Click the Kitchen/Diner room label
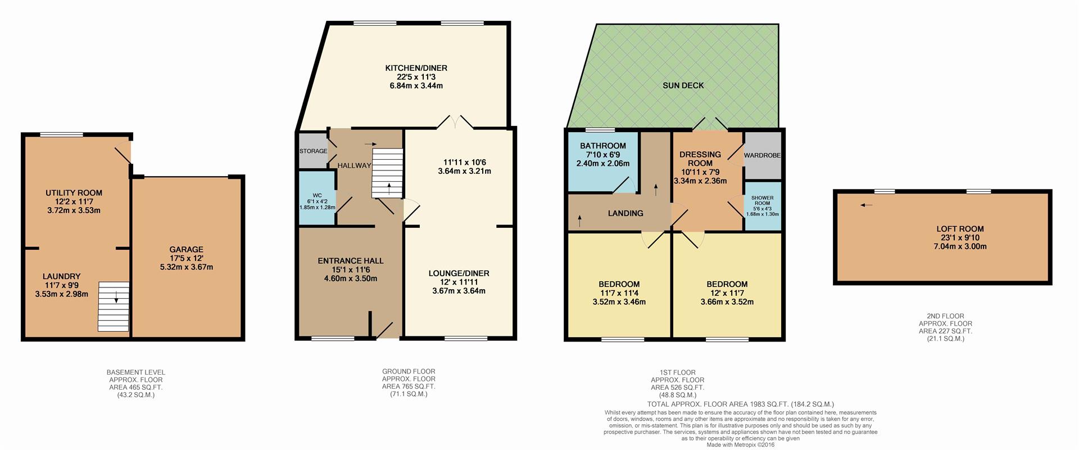tap(416, 68)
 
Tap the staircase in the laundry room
tap(114, 306)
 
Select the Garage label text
tap(186, 249)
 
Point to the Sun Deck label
tap(683, 85)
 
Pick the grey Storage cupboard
tap(312, 151)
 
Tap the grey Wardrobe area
tap(762, 155)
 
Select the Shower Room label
tap(762, 200)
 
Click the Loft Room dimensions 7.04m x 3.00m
tap(960, 246)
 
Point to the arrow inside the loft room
tap(866, 205)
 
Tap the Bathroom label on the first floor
tap(602, 146)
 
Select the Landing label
tap(625, 213)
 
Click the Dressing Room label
tap(700, 159)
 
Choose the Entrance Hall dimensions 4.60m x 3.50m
tap(350, 278)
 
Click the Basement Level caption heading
tap(136, 372)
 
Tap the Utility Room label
tap(74, 193)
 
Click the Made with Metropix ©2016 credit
tap(740, 444)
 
